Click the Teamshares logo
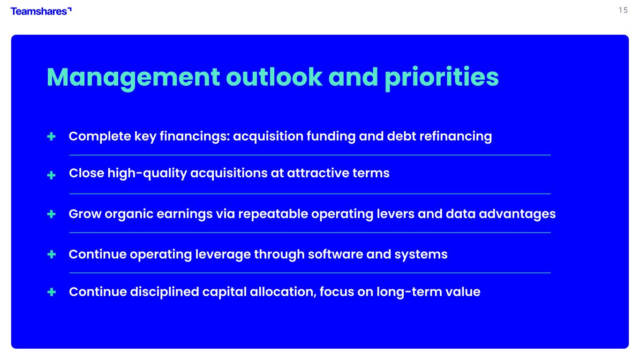(41, 11)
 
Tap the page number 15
(623, 10)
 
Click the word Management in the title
(133, 78)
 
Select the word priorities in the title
(442, 78)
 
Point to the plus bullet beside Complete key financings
(52, 136)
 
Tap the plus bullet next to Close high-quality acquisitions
(52, 175)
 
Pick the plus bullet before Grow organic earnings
(52, 214)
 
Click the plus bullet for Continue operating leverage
(52, 254)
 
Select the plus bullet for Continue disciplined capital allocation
(52, 292)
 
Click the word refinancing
(456, 136)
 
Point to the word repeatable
(273, 214)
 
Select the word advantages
(517, 214)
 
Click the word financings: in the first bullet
(195, 136)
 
